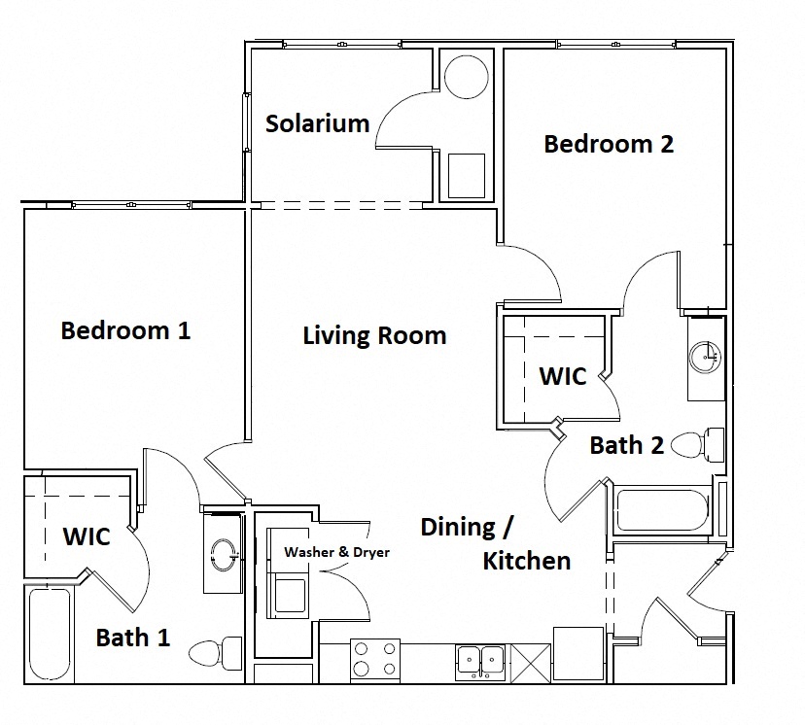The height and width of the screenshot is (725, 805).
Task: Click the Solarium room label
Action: point(318,123)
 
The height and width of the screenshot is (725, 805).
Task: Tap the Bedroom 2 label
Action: point(609,144)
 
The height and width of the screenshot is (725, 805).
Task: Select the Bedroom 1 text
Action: point(125,330)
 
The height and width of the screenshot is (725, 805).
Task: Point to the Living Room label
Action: point(374,336)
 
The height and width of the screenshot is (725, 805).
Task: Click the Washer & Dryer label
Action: point(336,552)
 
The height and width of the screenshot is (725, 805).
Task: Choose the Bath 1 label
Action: point(133,638)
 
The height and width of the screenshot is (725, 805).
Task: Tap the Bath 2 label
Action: point(627,445)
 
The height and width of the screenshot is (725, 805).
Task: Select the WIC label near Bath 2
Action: point(563,375)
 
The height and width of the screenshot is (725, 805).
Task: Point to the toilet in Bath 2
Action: point(697,445)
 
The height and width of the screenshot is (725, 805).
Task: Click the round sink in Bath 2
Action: point(706,357)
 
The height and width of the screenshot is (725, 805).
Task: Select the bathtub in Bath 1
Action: point(49,634)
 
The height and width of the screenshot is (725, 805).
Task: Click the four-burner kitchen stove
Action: point(374,658)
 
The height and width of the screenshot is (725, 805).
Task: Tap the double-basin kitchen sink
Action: point(480,661)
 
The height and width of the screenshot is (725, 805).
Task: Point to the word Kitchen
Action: point(527,561)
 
